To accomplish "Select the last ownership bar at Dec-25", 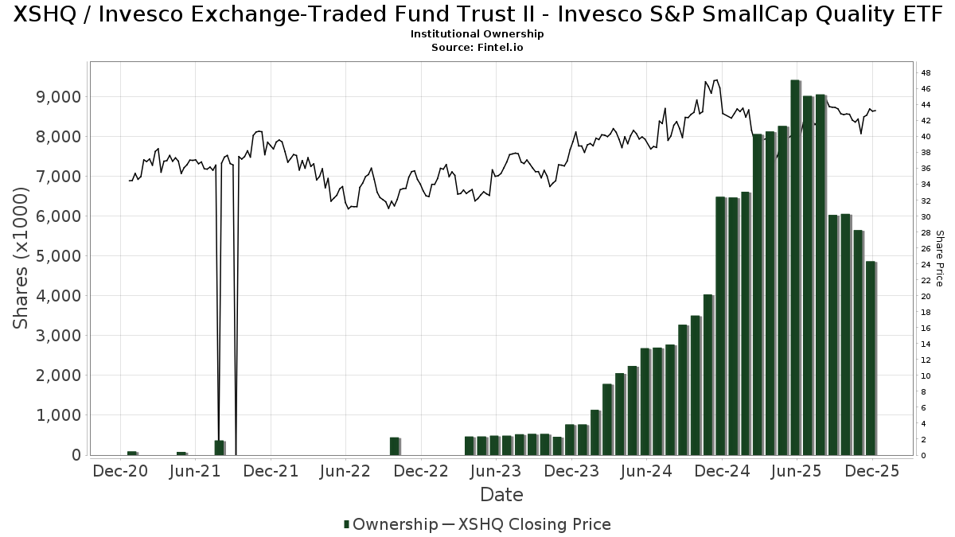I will (871, 358).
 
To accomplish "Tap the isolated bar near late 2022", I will (394, 446).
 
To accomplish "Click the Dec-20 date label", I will (120, 471).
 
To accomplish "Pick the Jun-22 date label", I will (346, 471).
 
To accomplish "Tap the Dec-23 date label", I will (571, 471).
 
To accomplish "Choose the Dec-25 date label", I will (873, 471).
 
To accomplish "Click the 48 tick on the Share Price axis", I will (926, 73).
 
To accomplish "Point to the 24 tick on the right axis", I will (926, 264).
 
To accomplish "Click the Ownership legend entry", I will (390, 524).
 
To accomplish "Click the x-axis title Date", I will (501, 495).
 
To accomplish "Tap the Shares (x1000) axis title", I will (22, 257).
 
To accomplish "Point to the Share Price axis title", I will (940, 258).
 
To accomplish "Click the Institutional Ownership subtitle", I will (477, 34).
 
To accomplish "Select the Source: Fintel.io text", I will (477, 48).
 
